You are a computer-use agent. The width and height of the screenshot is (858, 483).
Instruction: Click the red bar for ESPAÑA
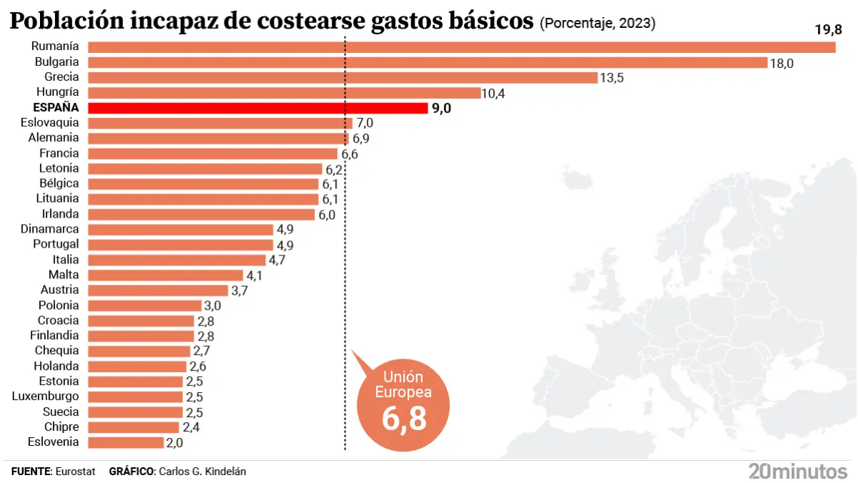point(257,108)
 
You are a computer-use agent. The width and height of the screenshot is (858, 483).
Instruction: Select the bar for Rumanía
point(461,47)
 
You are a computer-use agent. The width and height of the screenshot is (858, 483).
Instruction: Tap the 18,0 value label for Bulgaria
point(781,63)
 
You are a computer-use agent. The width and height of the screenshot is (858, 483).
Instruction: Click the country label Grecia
point(61,77)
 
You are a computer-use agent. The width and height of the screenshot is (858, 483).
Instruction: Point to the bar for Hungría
point(284,93)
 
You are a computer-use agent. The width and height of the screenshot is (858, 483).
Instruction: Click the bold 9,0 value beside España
point(441,109)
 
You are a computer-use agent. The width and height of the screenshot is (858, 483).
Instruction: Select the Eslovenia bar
point(125,442)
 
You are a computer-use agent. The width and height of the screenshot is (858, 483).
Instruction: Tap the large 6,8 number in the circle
point(404,419)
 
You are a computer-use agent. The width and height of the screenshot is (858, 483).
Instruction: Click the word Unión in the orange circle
point(404,377)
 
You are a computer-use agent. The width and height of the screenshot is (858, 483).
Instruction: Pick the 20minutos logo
point(797,472)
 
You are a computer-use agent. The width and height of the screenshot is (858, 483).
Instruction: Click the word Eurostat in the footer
point(75,472)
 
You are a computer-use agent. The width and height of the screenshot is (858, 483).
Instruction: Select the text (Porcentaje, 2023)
point(597,24)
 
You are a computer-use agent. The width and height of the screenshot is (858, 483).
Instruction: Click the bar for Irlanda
point(201,215)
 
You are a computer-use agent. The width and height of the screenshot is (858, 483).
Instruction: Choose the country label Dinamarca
point(50,230)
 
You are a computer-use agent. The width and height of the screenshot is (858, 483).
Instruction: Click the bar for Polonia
point(144,306)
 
